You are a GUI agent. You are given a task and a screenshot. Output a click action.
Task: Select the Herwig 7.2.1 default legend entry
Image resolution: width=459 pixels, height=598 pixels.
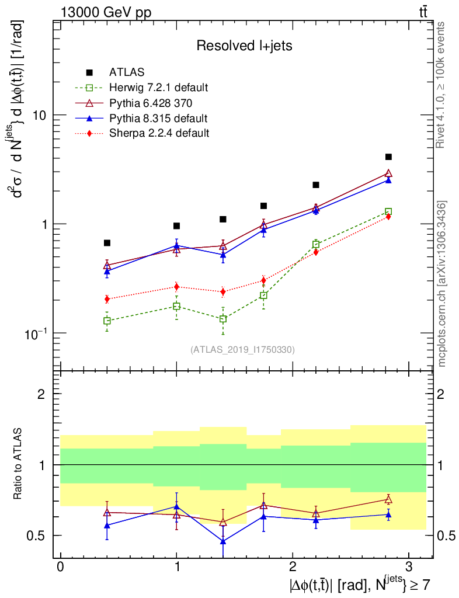coord(158,88)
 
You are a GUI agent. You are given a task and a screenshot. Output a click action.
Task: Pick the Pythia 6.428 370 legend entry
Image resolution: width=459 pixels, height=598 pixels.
coord(152,103)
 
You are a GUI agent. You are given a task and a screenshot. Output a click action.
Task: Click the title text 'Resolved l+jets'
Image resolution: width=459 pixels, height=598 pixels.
coord(244,46)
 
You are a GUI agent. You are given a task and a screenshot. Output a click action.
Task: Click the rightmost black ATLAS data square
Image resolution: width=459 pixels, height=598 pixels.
coord(388,157)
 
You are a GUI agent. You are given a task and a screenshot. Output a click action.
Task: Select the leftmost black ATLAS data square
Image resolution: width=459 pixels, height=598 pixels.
coord(107,243)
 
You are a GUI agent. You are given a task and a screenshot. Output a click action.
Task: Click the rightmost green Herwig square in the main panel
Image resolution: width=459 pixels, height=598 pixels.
coord(388,211)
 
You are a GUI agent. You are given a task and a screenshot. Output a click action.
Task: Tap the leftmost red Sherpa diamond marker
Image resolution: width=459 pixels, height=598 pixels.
coord(107,299)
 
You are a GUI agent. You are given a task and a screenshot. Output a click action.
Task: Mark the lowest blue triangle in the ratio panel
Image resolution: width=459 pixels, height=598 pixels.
coord(223,541)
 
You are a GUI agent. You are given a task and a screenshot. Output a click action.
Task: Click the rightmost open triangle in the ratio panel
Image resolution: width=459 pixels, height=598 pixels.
coord(388,499)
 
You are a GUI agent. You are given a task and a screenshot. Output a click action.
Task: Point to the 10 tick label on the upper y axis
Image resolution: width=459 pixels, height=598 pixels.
coord(40,115)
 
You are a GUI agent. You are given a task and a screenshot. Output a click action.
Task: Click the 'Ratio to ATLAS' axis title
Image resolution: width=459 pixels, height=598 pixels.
coord(19,464)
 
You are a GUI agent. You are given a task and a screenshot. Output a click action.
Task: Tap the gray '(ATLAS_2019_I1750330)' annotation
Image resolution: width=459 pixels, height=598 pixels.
coord(242,349)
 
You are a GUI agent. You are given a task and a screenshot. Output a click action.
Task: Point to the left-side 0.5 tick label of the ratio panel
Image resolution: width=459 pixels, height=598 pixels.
coord(38,536)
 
